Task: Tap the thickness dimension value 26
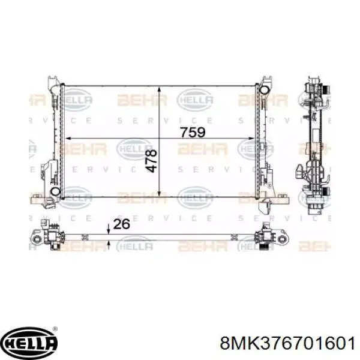click(x=121, y=225)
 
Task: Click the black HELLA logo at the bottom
click(x=30, y=343)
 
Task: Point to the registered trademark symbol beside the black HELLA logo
click(x=56, y=329)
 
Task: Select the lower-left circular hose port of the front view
click(x=55, y=191)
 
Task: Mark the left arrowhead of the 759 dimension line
click(x=66, y=139)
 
